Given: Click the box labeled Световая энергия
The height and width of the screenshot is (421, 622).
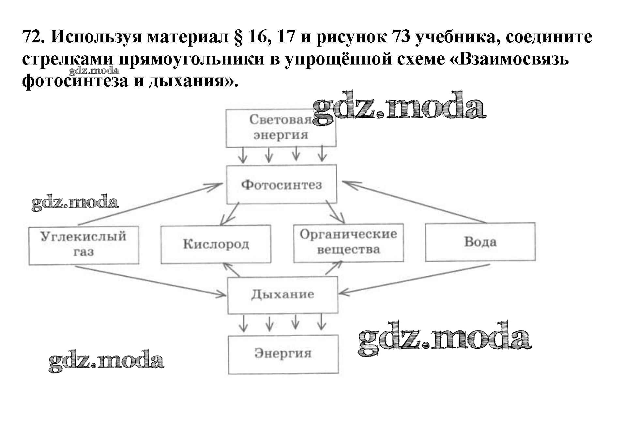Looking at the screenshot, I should click(x=281, y=128).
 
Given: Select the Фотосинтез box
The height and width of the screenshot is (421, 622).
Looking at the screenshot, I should click(x=281, y=185).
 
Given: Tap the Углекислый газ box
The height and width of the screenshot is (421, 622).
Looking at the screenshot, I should click(x=84, y=245).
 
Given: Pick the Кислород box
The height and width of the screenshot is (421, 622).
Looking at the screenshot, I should click(x=216, y=244).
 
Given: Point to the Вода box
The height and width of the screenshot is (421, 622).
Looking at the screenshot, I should click(x=480, y=242).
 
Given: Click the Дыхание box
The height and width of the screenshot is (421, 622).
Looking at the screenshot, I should click(x=282, y=295).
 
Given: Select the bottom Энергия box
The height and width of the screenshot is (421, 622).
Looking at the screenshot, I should click(x=283, y=354).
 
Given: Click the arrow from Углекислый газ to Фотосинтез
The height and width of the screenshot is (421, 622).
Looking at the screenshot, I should click(x=150, y=204).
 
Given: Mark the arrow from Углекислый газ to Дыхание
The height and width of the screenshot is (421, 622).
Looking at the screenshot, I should click(x=150, y=281).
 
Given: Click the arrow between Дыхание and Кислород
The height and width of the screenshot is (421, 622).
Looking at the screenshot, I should click(x=231, y=270).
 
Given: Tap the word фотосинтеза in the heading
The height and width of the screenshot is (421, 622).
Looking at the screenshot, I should click(x=75, y=80).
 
